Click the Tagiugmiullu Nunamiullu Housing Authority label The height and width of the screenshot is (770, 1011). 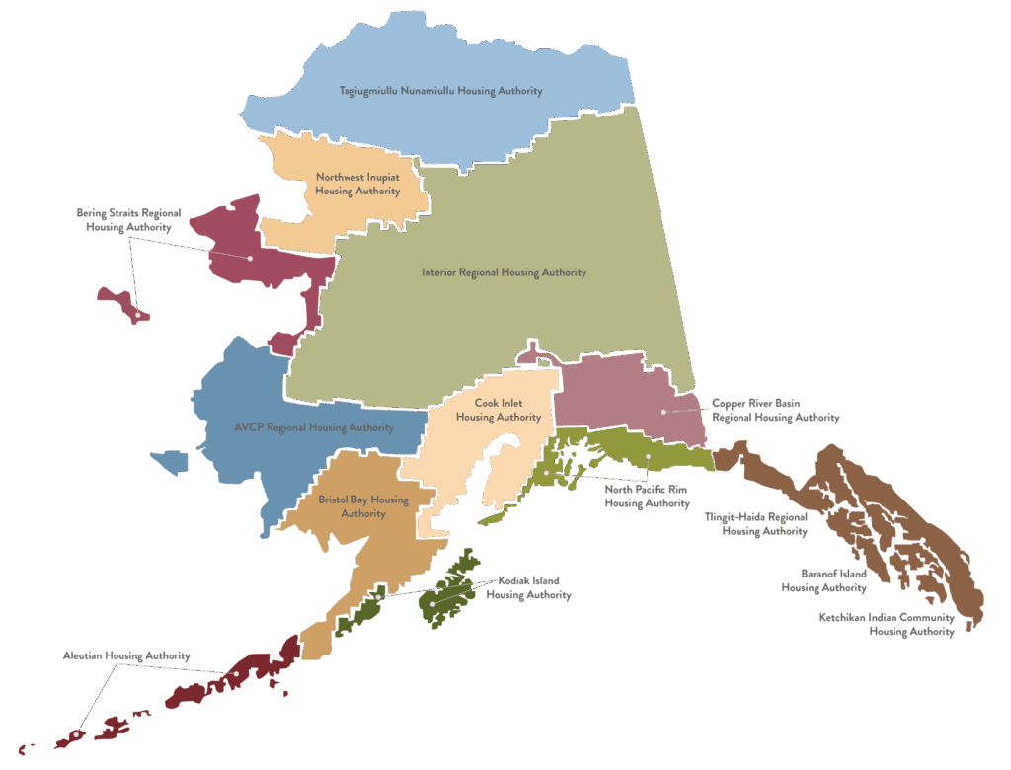click(x=441, y=91)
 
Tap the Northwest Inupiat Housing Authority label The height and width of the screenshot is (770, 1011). click(x=357, y=184)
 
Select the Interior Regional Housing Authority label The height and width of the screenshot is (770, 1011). click(x=504, y=272)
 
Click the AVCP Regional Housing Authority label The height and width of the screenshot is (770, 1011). click(x=314, y=427)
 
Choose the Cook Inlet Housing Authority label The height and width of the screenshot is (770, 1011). click(x=498, y=410)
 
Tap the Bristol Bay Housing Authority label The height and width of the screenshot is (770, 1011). click(x=363, y=506)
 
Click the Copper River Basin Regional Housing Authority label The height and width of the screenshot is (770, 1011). click(x=775, y=411)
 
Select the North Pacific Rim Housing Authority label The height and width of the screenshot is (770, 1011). click(x=647, y=496)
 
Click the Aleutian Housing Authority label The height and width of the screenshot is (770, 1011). click(x=126, y=655)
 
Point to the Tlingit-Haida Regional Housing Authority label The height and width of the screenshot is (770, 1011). click(x=756, y=523)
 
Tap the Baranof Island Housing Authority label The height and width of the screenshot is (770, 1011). click(x=823, y=580)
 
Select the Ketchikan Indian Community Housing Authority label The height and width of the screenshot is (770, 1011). click(x=887, y=624)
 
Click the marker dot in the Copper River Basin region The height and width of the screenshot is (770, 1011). click(x=663, y=411)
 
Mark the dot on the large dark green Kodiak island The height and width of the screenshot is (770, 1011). click(x=432, y=603)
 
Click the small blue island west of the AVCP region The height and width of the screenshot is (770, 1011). click(x=169, y=461)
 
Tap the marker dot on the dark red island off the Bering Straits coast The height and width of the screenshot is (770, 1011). click(x=138, y=315)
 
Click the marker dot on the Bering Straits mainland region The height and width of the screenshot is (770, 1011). click(x=250, y=258)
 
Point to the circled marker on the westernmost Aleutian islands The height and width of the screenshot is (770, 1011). click(x=75, y=734)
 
